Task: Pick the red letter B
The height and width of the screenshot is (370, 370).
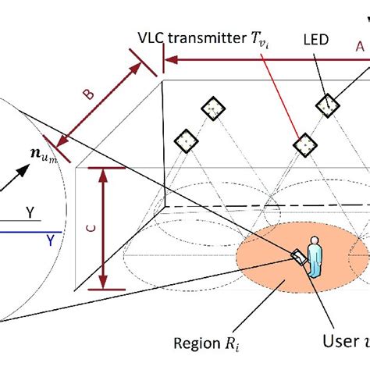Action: (90, 94)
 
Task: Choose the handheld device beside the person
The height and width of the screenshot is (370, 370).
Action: (298, 258)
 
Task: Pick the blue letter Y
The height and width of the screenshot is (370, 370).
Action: (52, 237)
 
